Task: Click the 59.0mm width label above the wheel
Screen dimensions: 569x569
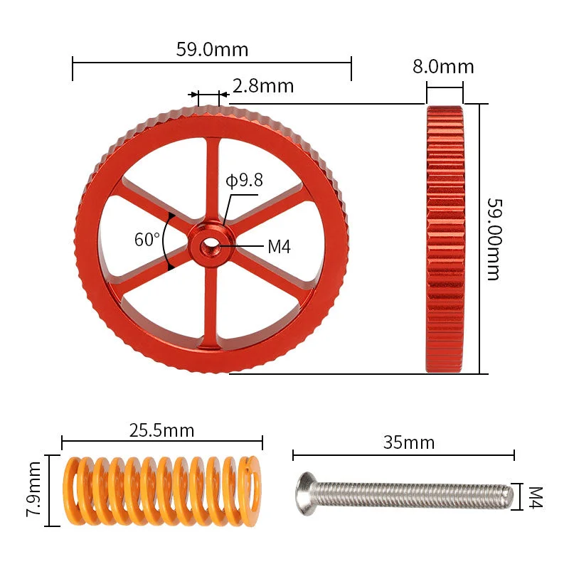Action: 212,49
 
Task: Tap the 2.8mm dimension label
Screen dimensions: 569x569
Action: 263,86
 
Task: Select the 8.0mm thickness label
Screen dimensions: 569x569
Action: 443,67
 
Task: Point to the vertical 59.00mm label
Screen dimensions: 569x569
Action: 494,239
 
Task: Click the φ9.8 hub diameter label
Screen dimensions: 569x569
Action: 244,181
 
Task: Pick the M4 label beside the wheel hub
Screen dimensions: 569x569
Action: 279,247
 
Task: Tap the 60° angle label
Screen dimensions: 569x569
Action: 147,240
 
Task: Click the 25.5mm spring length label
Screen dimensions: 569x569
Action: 162,430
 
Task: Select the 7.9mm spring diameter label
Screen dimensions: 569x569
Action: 33,489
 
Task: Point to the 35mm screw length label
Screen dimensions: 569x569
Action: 409,442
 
